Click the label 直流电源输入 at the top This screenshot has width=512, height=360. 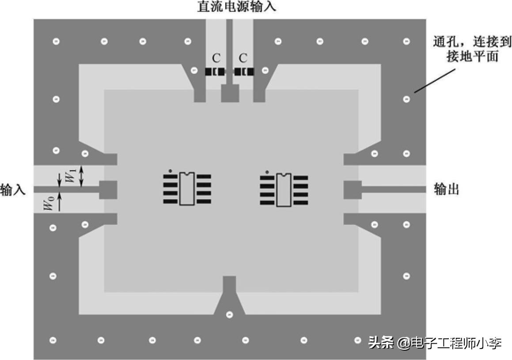click(236, 7)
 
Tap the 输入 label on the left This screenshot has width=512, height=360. click(12, 190)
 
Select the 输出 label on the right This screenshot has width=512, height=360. click(447, 189)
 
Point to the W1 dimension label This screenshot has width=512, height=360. click(70, 176)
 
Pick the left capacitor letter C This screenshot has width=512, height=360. click(216, 58)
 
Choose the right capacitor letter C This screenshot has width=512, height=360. click(243, 58)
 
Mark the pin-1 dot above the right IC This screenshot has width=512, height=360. click(267, 171)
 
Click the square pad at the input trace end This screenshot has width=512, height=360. click(108, 189)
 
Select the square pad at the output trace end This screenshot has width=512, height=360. click(353, 189)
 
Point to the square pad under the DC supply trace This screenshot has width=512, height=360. click(230, 93)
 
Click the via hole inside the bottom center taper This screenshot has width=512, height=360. click(229, 315)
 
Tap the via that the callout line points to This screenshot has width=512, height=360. click(406, 99)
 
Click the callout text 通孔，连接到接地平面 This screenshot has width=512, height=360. click(472, 49)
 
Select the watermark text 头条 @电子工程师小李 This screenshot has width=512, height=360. click(435, 343)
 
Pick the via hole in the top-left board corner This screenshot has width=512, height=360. click(56, 42)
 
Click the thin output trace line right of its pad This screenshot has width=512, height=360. click(393, 189)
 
